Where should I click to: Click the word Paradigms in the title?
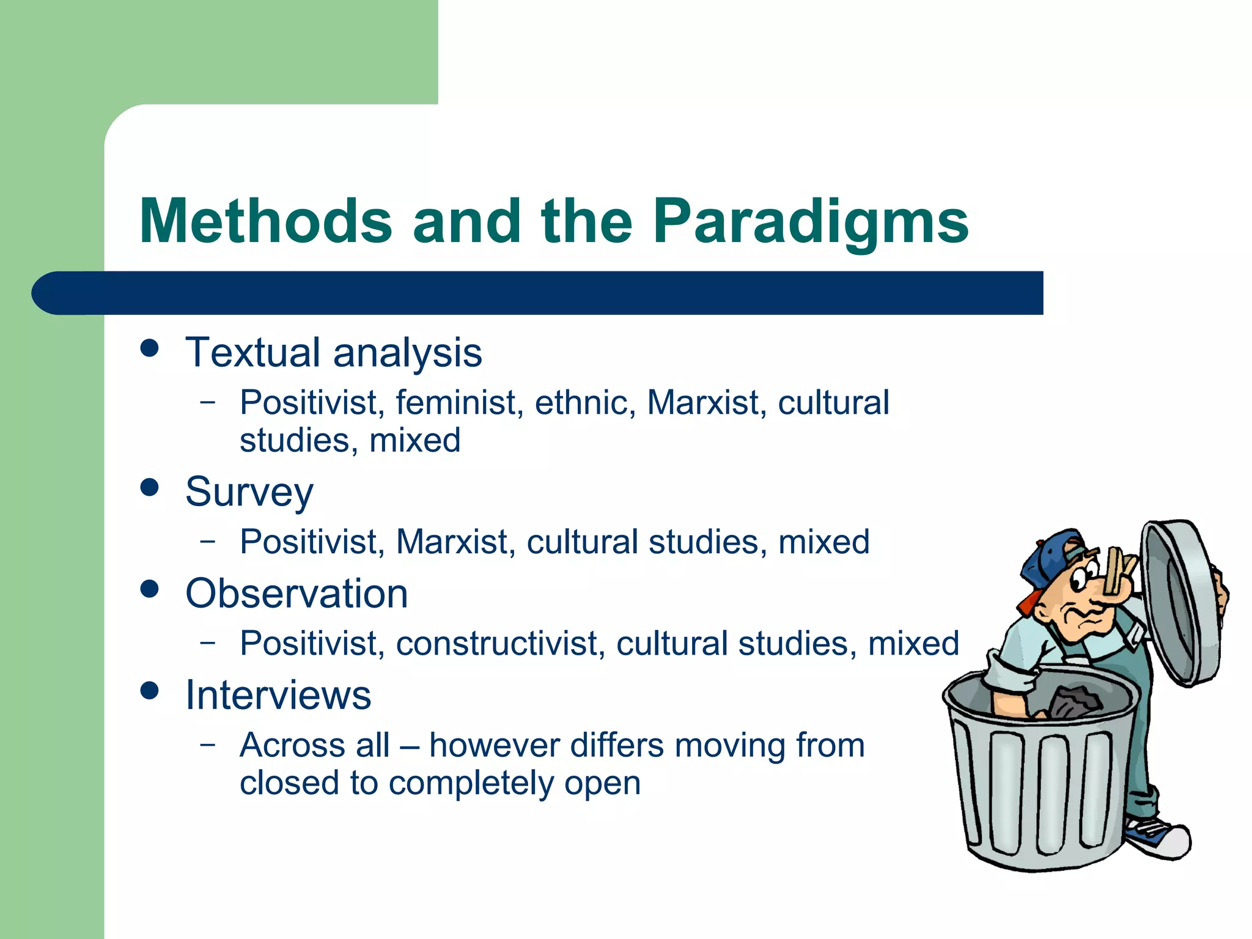pyautogui.click(x=810, y=221)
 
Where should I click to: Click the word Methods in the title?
pyautogui.click(x=265, y=221)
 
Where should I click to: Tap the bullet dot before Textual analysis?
pyautogui.click(x=149, y=348)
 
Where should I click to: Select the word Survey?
pyautogui.click(x=249, y=492)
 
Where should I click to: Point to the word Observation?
pyautogui.click(x=296, y=594)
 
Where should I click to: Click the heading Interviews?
pyautogui.click(x=278, y=695)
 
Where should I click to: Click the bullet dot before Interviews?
pyautogui.click(x=149, y=691)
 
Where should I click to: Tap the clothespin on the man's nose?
pyautogui.click(x=1118, y=572)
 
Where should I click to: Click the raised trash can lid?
pyautogui.click(x=1180, y=602)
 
